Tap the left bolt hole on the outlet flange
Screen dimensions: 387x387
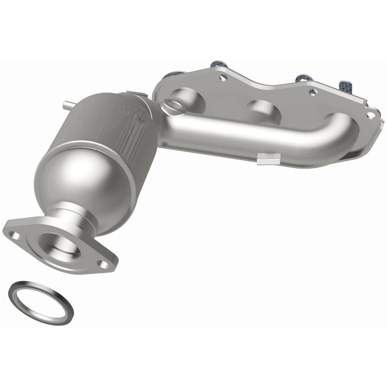(x=15, y=236)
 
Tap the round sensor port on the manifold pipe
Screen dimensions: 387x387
(x=173, y=105)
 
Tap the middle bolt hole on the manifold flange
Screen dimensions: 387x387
(x=313, y=92)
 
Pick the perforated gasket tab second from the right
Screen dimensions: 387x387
(x=302, y=77)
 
